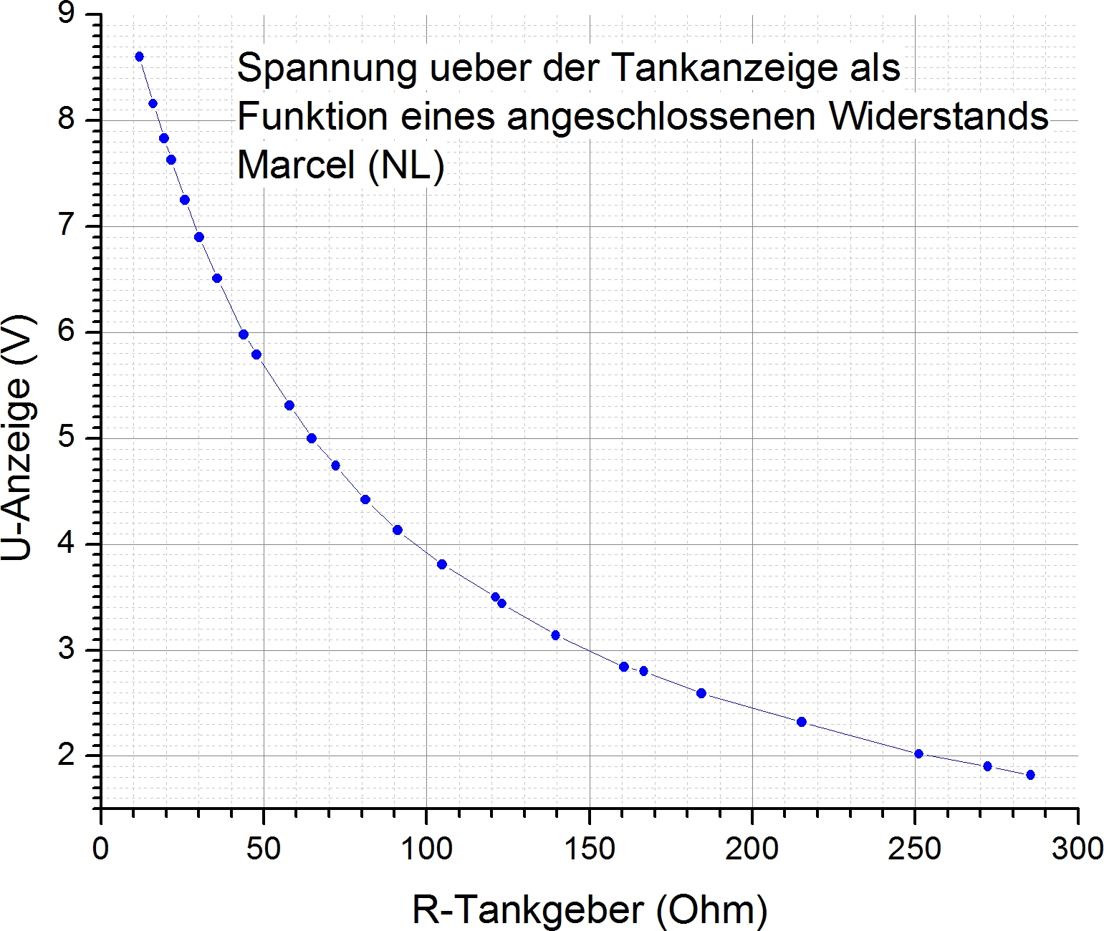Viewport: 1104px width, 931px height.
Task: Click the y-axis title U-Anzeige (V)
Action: pyautogui.click(x=17, y=438)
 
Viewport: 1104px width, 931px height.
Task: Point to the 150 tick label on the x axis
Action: pyautogui.click(x=589, y=849)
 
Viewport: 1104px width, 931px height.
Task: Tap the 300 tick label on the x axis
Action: pyautogui.click(x=1077, y=849)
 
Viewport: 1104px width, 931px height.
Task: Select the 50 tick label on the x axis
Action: pyautogui.click(x=264, y=849)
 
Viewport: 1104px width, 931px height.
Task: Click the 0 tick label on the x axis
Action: pyautogui.click(x=101, y=849)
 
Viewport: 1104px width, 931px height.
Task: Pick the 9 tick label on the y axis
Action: pyautogui.click(x=67, y=14)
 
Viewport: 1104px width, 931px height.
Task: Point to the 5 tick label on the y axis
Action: pyautogui.click(x=67, y=438)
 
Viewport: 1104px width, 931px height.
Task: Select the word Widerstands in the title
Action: pyautogui.click(x=939, y=117)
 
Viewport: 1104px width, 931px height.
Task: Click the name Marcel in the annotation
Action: pyautogui.click(x=296, y=165)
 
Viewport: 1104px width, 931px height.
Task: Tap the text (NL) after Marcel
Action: pyautogui.click(x=405, y=166)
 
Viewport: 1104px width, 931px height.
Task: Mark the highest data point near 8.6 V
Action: pyautogui.click(x=139, y=57)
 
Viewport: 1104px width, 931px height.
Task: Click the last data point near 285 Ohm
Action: pyautogui.click(x=1030, y=775)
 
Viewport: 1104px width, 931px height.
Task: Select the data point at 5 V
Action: pyautogui.click(x=312, y=438)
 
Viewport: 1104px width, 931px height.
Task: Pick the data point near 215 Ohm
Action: pyautogui.click(x=802, y=722)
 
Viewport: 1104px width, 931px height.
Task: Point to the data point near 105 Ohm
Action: pyautogui.click(x=442, y=564)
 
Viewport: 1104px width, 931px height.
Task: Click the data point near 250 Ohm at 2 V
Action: pyautogui.click(x=919, y=753)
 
